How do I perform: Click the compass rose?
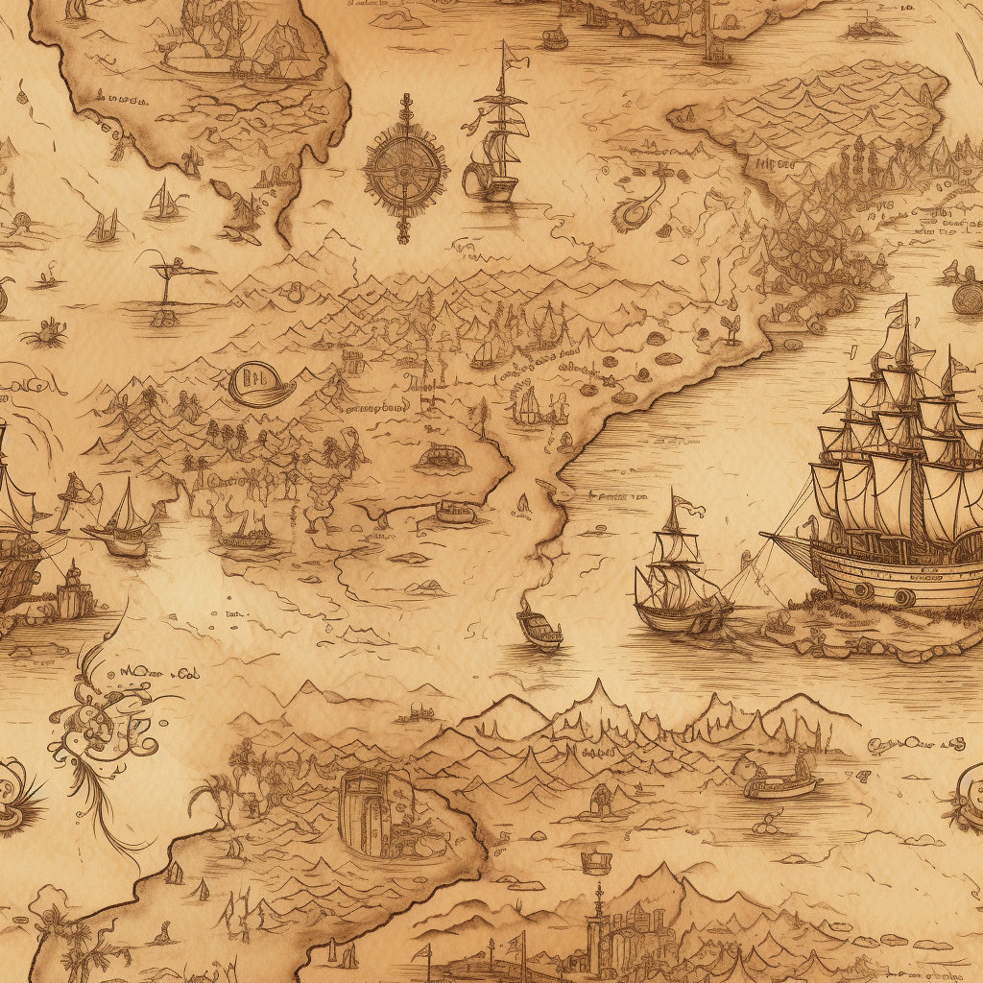(x=405, y=170)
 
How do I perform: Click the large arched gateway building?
(x=365, y=811)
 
